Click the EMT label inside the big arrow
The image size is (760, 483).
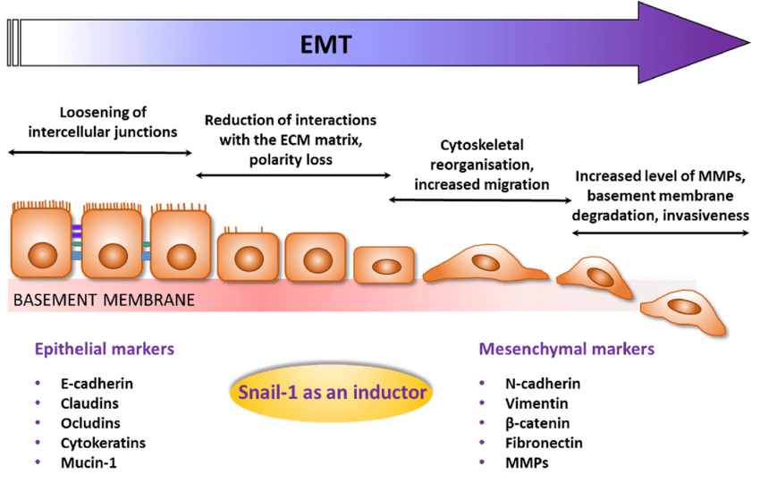tap(326, 44)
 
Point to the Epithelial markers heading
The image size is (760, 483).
tap(104, 349)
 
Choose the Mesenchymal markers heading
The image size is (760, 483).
tap(566, 349)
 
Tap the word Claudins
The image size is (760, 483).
tap(89, 403)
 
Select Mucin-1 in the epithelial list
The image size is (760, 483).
tap(89, 462)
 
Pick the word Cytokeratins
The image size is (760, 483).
tap(103, 443)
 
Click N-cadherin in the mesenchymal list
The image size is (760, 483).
tap(543, 384)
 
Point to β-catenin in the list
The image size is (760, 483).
tap(537, 423)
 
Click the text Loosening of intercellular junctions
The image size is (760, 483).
tap(100, 123)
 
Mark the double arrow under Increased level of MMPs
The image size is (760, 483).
tap(660, 233)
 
